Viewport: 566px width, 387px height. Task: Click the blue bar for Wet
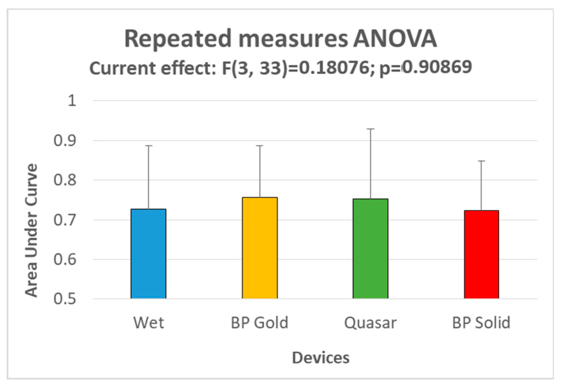(x=149, y=254)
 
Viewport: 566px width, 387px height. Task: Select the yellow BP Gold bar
(x=260, y=248)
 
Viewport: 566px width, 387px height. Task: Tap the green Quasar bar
(x=370, y=249)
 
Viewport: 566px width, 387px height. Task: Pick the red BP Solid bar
(x=481, y=254)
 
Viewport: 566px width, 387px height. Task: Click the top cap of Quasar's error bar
(x=370, y=129)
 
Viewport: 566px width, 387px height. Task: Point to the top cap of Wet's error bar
(x=149, y=146)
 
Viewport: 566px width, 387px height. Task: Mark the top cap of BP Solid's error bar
(x=481, y=161)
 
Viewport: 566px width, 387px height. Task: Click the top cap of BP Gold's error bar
(x=260, y=146)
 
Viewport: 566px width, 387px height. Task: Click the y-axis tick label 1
(x=72, y=101)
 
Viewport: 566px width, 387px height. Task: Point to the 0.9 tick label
(x=65, y=141)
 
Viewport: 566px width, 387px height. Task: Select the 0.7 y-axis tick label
(x=65, y=220)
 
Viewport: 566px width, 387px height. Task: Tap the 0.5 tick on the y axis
(x=65, y=299)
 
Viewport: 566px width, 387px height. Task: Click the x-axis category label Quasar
(x=370, y=323)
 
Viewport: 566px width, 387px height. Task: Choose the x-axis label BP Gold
(x=260, y=323)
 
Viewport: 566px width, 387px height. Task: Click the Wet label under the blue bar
(x=149, y=323)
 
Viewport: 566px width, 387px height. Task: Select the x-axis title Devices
(x=321, y=358)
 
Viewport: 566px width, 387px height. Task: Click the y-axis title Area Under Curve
(x=31, y=230)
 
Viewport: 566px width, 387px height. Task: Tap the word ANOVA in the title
(x=395, y=39)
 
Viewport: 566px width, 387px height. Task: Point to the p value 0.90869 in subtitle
(x=436, y=67)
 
